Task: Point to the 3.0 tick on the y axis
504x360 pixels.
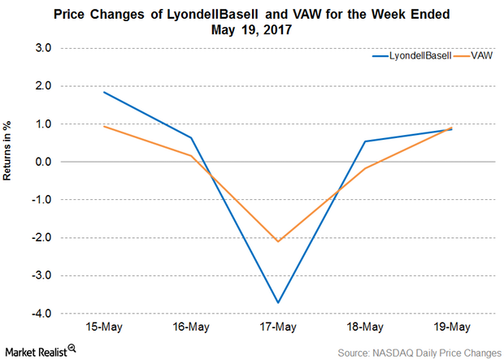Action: click(x=42, y=48)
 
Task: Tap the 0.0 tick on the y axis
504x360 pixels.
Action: click(x=42, y=162)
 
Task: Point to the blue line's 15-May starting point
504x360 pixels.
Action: click(x=104, y=92)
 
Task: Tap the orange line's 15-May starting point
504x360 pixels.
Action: click(x=104, y=126)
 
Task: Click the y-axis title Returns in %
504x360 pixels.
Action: click(x=18, y=180)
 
